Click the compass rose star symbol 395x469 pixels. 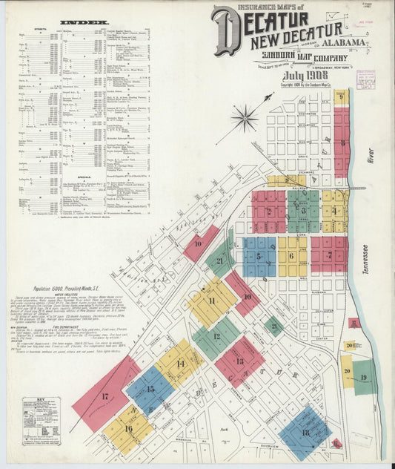tap(244, 117)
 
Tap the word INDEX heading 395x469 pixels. tap(83, 23)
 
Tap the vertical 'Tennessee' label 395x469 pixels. tap(365, 260)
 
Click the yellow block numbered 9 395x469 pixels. tap(341, 97)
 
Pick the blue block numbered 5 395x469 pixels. tap(259, 257)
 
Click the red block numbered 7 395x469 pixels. tap(329, 255)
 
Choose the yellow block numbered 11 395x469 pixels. tap(212, 301)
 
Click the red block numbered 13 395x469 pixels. tap(239, 361)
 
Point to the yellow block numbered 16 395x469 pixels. tap(128, 429)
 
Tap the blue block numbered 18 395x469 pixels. tap(305, 433)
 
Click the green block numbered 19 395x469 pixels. tap(364, 377)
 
